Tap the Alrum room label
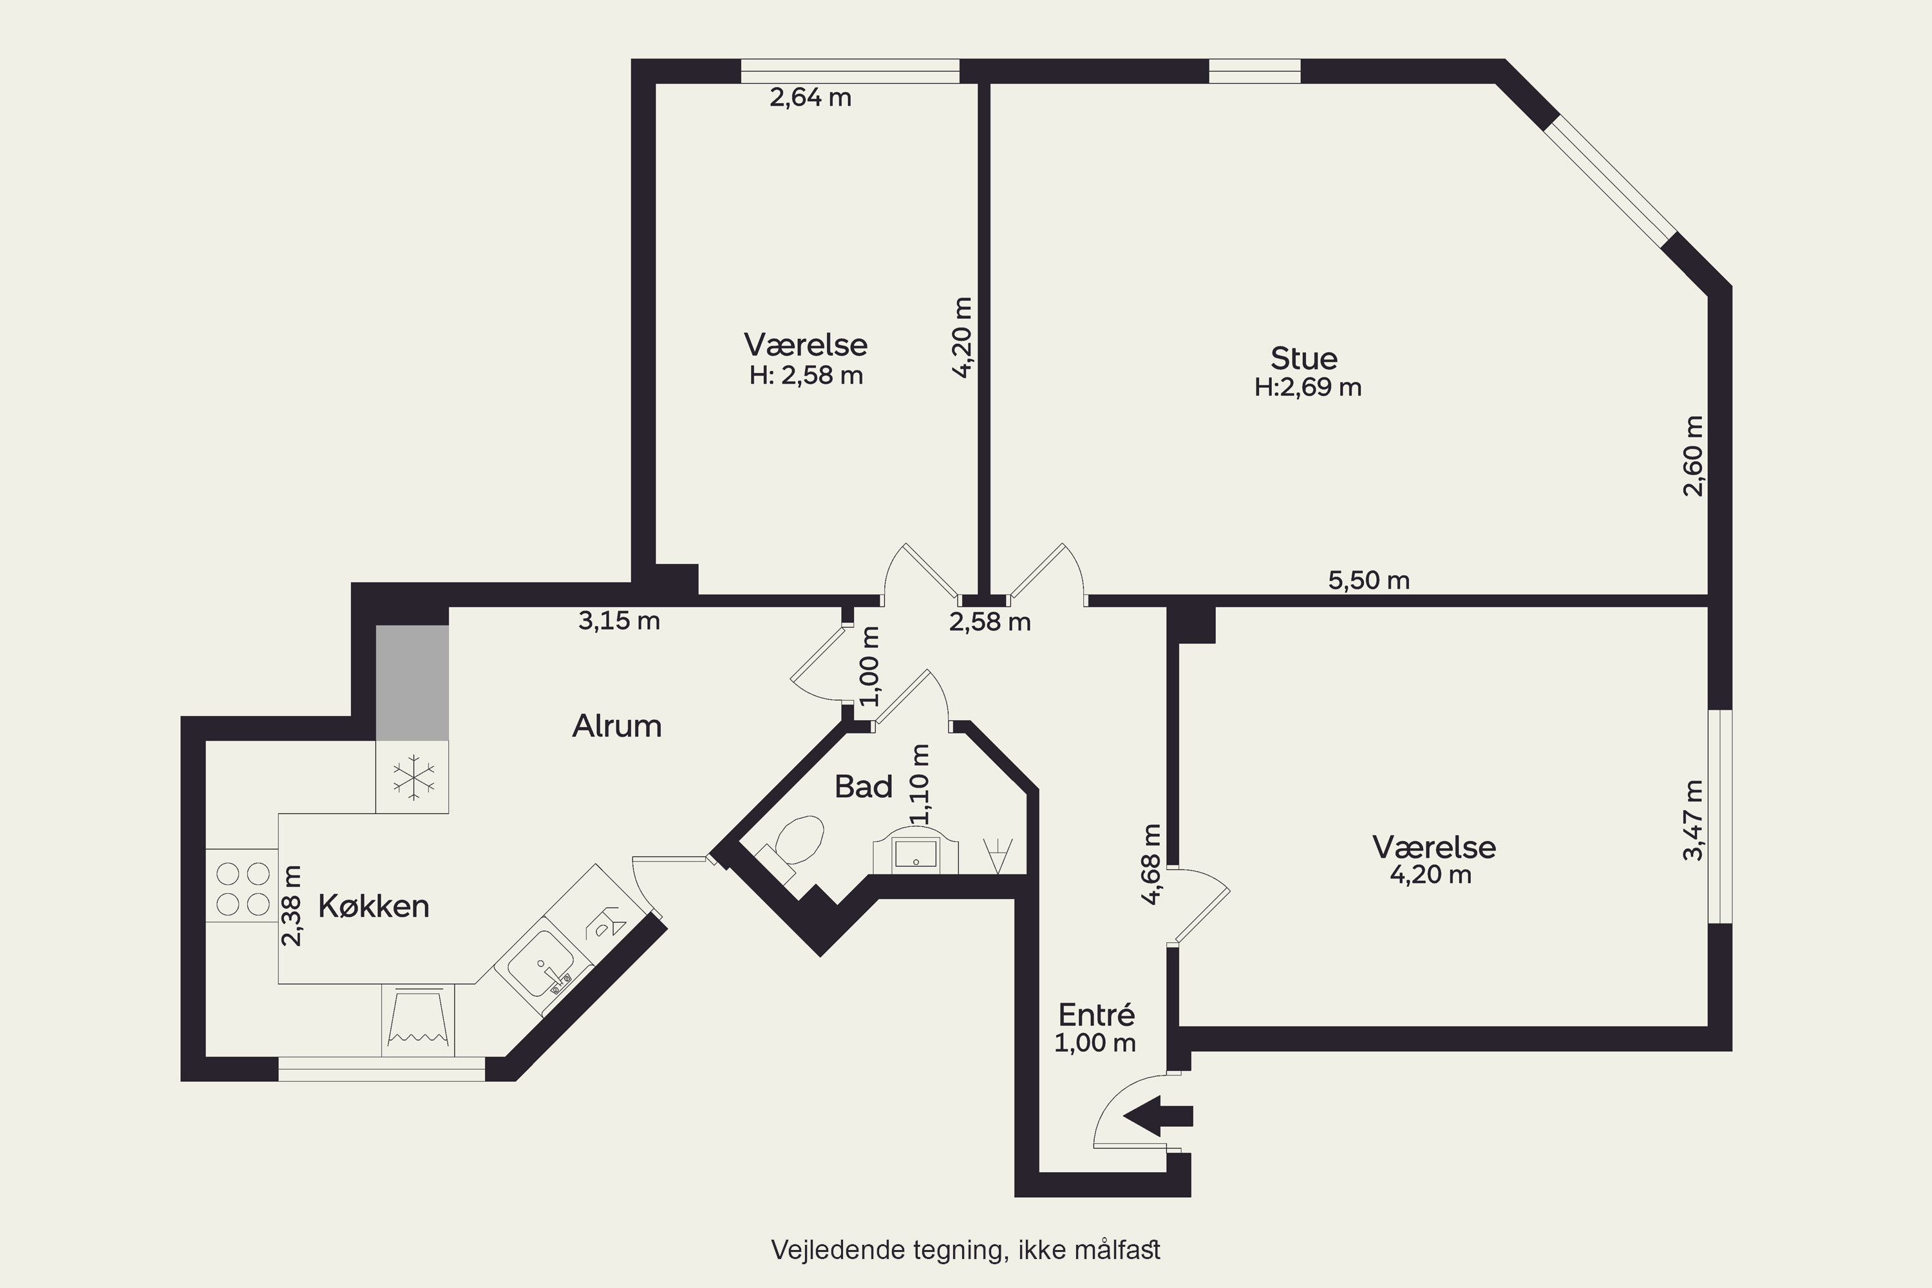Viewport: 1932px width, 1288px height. (617, 726)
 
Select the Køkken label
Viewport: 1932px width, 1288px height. (374, 906)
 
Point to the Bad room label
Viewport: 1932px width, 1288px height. (864, 787)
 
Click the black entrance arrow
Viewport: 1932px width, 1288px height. (1157, 1116)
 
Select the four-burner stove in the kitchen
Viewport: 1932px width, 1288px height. (242, 885)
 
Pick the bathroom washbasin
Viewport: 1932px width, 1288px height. (914, 853)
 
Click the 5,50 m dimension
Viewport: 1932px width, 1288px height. (1368, 580)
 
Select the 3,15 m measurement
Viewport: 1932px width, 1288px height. (618, 620)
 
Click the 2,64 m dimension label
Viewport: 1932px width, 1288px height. (810, 98)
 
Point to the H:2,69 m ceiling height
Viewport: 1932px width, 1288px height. (1308, 387)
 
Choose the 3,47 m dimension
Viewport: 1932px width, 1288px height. (1693, 820)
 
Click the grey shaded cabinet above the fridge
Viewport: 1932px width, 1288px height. (412, 683)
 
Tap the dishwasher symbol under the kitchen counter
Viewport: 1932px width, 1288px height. (418, 1019)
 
